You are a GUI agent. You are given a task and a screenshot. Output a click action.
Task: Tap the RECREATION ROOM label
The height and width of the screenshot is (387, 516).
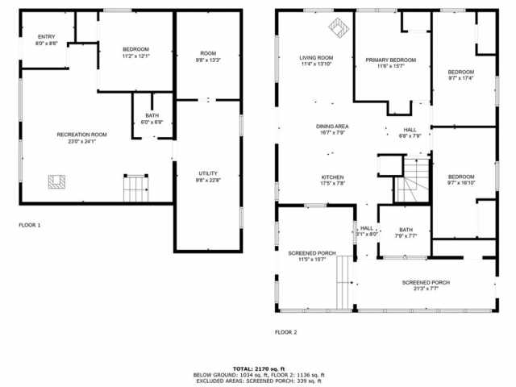click(81, 134)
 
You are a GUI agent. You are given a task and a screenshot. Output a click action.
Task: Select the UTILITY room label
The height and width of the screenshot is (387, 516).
click(208, 173)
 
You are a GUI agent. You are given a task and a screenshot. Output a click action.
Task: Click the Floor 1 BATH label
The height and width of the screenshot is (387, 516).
click(152, 116)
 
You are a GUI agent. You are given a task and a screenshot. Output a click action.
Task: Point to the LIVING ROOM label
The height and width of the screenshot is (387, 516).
click(316, 58)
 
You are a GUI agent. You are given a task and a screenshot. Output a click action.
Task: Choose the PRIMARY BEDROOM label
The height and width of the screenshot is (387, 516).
click(390, 60)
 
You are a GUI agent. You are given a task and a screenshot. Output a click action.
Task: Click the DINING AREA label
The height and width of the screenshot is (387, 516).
click(332, 126)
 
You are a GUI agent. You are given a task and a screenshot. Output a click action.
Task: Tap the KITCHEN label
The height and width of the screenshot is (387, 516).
click(333, 177)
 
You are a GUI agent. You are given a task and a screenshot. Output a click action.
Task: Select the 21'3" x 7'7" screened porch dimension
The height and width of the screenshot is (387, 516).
click(427, 289)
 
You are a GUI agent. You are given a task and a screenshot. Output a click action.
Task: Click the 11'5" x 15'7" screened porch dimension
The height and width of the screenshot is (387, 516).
click(311, 260)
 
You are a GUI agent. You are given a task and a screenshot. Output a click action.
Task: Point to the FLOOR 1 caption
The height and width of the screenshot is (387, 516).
click(29, 225)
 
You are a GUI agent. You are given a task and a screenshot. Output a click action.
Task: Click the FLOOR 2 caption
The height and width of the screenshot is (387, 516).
click(285, 331)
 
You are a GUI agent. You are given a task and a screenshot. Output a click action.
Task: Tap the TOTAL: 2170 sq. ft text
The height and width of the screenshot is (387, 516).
click(258, 368)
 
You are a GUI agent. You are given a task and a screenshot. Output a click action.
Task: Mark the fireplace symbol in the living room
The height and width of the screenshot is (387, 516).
click(337, 29)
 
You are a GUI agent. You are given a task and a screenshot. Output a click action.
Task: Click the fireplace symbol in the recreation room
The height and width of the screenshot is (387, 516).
click(56, 181)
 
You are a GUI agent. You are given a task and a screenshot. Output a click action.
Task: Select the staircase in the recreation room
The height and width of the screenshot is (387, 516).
click(134, 189)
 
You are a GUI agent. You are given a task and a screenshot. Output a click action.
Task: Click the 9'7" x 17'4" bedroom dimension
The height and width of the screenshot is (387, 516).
click(461, 78)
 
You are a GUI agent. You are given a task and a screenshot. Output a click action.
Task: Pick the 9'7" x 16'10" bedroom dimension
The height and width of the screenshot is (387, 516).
click(461, 183)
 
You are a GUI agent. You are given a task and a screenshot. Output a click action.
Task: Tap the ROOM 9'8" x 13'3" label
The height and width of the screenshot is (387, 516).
click(208, 60)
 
